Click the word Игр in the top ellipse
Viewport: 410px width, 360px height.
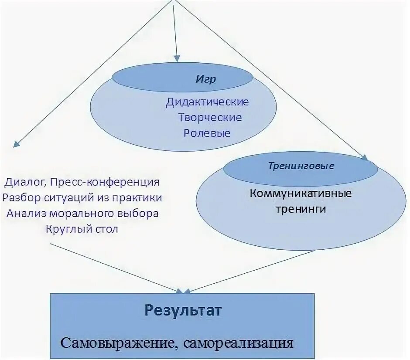click(205, 80)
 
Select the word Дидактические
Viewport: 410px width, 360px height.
click(207, 102)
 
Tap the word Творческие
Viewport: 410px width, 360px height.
click(210, 117)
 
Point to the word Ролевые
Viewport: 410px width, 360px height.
click(207, 132)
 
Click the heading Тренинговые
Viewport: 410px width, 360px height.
click(301, 166)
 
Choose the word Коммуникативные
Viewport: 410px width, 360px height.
click(301, 193)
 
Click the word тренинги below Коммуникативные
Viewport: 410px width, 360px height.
click(301, 208)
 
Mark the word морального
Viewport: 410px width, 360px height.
click(82, 214)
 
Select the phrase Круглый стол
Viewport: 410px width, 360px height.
click(82, 229)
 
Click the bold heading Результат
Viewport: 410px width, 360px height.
click(183, 311)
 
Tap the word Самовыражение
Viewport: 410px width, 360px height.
click(118, 343)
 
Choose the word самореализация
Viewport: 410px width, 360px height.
click(238, 343)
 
